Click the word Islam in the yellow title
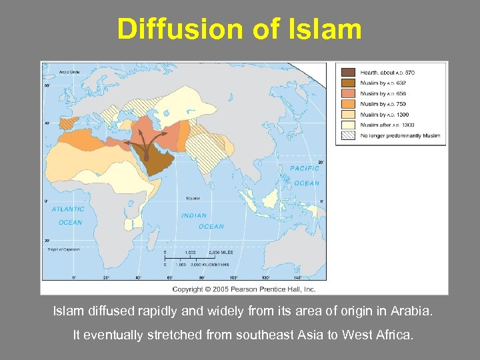[x=328, y=29]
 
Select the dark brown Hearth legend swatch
[x=349, y=72]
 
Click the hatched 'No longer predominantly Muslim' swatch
[x=349, y=135]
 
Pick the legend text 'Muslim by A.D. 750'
[x=383, y=104]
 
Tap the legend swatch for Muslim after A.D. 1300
[x=349, y=125]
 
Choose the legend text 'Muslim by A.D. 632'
[x=383, y=83]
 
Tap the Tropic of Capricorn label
[x=62, y=249]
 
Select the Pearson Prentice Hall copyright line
[x=244, y=289]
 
